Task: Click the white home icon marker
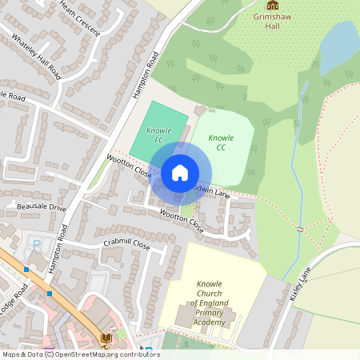(180, 172)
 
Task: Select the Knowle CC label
(221, 142)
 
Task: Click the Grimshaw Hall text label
(274, 21)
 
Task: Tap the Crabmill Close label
(126, 243)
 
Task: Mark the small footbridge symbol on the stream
(300, 230)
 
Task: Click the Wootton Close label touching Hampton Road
(129, 166)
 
